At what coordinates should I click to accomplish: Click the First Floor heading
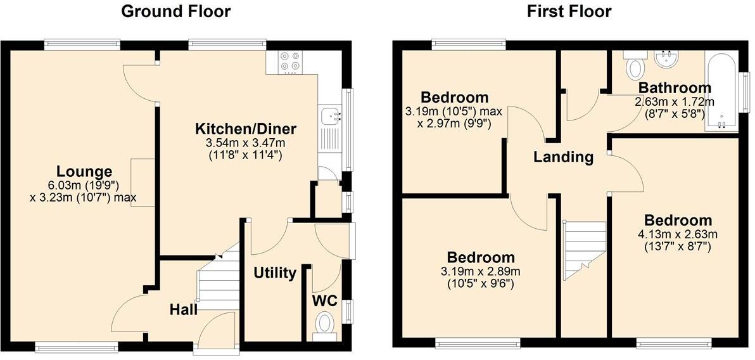click(x=569, y=11)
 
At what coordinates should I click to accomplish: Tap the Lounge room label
click(x=84, y=171)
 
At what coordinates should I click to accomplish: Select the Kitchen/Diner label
click(x=245, y=129)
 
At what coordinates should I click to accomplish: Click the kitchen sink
click(x=331, y=116)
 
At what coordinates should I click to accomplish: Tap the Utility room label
click(x=275, y=273)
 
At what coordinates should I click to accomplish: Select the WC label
click(x=324, y=299)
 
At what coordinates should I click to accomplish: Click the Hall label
click(x=184, y=309)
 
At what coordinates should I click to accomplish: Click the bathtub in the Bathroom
click(x=721, y=92)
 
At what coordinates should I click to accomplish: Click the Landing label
click(x=563, y=157)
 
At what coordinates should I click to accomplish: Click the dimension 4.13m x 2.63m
click(x=678, y=234)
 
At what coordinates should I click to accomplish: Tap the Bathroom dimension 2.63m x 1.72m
click(x=675, y=101)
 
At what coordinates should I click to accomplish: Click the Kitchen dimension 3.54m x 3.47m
click(x=245, y=143)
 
